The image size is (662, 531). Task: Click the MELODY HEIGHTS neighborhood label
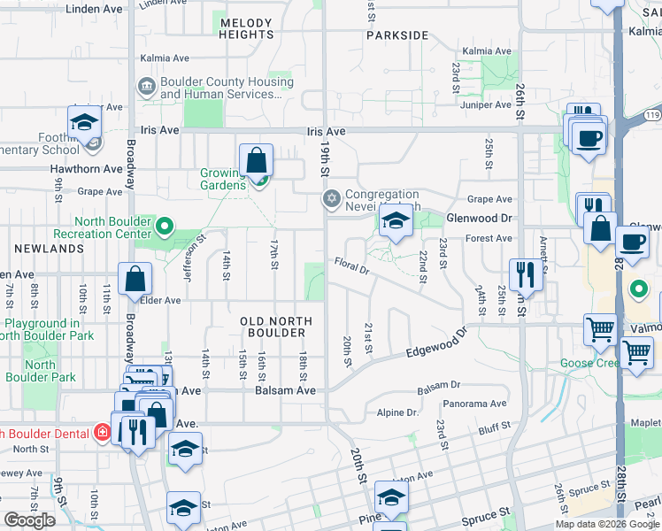pos(247,28)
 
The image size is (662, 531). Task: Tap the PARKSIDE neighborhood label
pos(398,36)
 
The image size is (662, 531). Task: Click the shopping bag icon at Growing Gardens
pos(256,161)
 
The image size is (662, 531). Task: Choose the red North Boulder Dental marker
pos(104,433)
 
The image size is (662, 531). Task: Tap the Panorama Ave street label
pos(476,404)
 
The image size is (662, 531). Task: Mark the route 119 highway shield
pos(651,114)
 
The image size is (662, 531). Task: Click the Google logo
pos(29,519)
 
